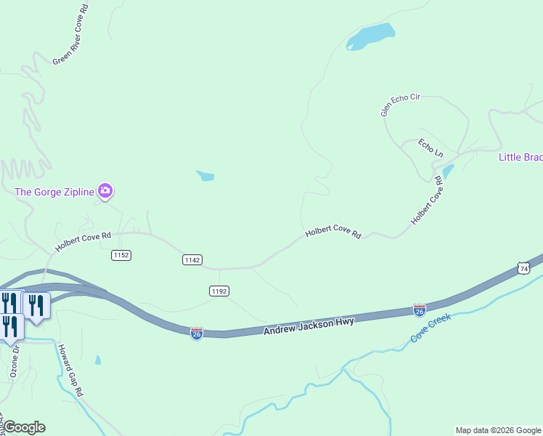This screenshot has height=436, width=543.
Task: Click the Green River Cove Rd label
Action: click(71, 34)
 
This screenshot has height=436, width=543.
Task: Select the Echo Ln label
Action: click(430, 148)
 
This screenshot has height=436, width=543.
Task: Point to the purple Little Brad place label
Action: click(520, 157)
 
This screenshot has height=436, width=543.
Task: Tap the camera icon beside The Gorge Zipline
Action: click(106, 191)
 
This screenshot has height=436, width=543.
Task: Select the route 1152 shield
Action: click(121, 255)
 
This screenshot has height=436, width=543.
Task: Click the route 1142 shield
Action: click(192, 260)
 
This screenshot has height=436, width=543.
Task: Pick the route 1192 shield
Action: click(219, 291)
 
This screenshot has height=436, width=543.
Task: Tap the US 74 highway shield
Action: click(524, 268)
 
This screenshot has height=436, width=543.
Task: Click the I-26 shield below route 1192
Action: click(197, 333)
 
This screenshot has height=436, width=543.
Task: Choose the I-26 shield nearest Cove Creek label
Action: click(419, 310)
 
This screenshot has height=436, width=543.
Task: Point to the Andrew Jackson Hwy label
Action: click(308, 326)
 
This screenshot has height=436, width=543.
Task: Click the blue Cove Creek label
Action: click(430, 328)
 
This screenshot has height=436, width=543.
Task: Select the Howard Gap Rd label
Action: click(71, 370)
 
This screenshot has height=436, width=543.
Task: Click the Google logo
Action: click(24, 427)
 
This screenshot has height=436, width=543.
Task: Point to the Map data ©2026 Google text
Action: click(498, 430)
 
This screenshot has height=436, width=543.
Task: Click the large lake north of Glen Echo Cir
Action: click(370, 36)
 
